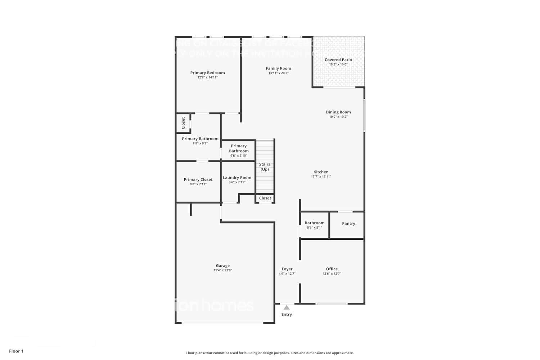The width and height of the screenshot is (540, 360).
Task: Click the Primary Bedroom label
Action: point(207,73)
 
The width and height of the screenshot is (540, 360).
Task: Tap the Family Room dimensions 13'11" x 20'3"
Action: point(278,73)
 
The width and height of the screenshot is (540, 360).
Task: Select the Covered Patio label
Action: point(338,60)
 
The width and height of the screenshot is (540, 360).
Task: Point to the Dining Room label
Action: point(338,112)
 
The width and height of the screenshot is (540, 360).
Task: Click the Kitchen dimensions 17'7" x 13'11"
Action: point(321,177)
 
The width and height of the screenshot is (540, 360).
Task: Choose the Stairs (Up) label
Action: point(265,167)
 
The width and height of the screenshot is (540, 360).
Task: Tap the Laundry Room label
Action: point(237,177)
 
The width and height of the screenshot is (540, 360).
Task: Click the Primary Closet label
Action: point(198,179)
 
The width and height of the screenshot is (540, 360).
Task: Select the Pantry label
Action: point(348,224)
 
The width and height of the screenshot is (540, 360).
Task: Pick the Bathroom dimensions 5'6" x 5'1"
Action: point(314,228)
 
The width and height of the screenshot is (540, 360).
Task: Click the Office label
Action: point(332,269)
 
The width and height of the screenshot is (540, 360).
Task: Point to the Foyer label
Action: point(287,269)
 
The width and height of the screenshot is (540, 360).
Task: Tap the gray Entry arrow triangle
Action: point(287,307)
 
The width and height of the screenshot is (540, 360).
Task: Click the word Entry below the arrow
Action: point(287,315)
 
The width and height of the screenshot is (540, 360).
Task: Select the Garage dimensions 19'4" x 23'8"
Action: point(222,270)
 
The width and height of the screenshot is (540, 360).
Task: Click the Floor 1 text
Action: point(16,351)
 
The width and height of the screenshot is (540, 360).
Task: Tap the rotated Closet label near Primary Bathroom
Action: point(183,123)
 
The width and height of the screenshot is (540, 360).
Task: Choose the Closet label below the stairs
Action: point(265,198)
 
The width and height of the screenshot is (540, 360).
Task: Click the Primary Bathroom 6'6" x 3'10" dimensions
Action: point(238,156)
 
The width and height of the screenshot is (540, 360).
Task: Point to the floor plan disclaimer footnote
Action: point(270,353)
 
